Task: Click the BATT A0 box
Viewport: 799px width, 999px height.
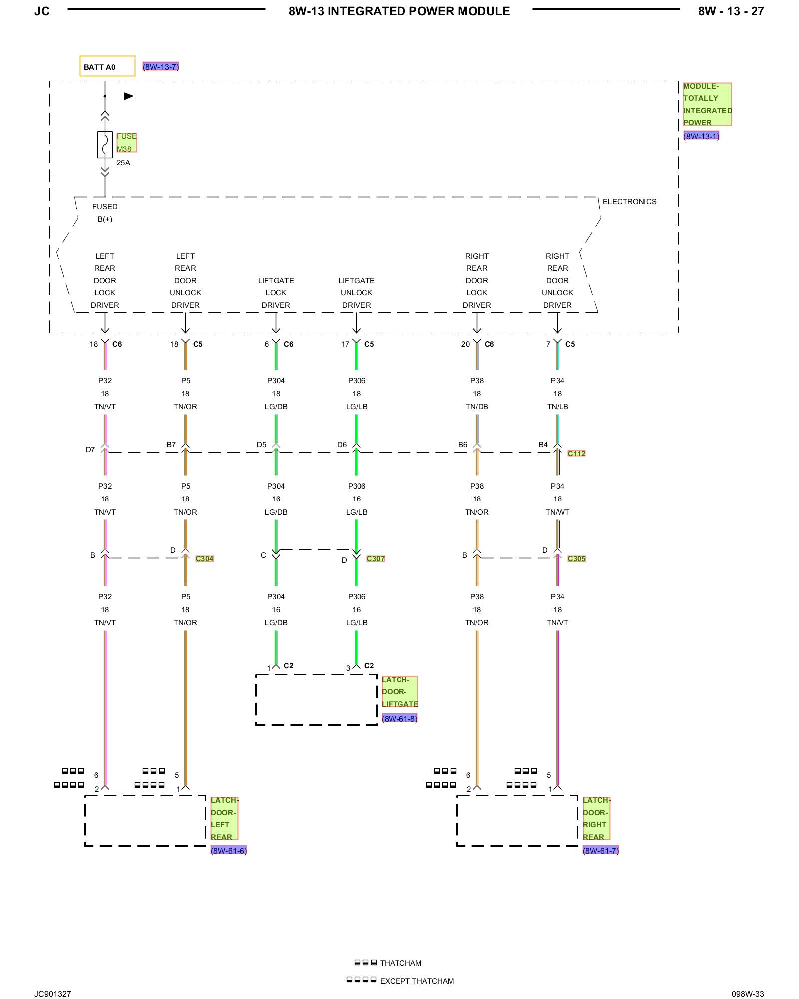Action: click(107, 66)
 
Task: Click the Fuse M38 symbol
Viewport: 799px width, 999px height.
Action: click(105, 145)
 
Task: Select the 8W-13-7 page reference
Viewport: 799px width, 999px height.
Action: click(161, 67)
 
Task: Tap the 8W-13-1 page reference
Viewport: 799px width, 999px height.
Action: click(701, 136)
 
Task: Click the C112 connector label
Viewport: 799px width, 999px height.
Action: click(576, 453)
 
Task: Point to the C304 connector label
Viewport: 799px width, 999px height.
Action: click(204, 558)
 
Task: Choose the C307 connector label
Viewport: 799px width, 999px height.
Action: click(376, 558)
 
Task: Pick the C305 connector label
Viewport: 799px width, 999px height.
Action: click(576, 558)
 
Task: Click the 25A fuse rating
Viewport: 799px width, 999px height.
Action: click(123, 163)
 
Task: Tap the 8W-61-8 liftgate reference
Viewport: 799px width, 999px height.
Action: click(399, 719)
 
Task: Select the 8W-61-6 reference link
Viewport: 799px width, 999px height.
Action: click(229, 851)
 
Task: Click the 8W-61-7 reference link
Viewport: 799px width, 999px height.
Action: click(601, 851)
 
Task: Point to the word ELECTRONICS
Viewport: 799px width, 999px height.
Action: click(629, 202)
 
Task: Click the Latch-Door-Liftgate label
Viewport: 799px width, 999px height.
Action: click(399, 692)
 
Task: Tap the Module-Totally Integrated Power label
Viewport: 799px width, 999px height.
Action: click(707, 104)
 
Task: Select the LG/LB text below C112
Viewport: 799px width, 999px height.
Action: click(357, 512)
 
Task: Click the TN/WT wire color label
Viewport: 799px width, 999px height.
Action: click(557, 512)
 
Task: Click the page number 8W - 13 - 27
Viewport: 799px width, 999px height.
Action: click(731, 11)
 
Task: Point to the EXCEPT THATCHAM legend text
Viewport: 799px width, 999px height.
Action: click(417, 981)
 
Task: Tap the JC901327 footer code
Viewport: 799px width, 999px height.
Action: click(53, 994)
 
